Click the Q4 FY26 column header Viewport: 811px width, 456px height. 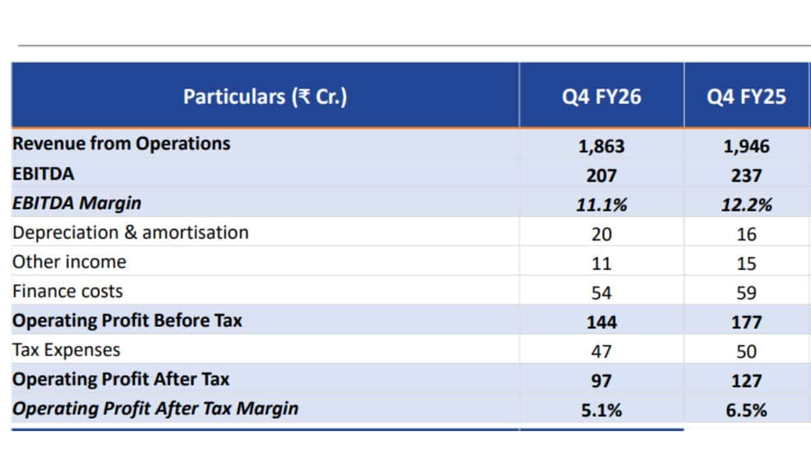[x=601, y=97]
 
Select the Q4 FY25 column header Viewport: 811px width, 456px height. [x=746, y=97]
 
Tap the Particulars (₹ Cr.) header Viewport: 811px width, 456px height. [x=265, y=97]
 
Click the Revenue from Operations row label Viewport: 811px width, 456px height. [x=121, y=143]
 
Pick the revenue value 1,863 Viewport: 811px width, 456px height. [x=601, y=146]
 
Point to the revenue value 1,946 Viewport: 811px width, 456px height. [x=746, y=146]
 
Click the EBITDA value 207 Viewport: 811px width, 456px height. [x=601, y=176]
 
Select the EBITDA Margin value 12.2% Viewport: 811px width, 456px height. [x=747, y=205]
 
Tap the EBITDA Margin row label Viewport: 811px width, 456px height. [x=77, y=203]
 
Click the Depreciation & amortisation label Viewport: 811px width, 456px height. [x=130, y=232]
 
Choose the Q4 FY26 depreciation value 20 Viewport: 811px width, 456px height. [x=601, y=234]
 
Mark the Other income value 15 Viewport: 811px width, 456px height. [x=746, y=263]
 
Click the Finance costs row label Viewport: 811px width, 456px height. [x=68, y=291]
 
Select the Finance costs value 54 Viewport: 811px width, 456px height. [x=601, y=293]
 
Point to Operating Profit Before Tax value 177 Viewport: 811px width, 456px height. [x=747, y=322]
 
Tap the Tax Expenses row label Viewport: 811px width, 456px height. [x=66, y=350]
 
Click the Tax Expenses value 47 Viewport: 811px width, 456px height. [x=601, y=351]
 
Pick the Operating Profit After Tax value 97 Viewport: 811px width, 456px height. [x=601, y=381]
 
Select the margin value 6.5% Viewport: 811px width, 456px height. [x=746, y=411]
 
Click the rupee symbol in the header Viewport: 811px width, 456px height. [x=303, y=96]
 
